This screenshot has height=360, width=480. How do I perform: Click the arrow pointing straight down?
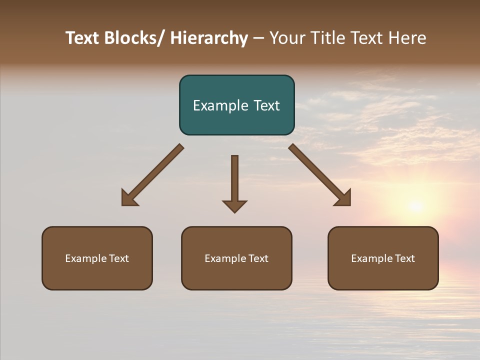coord(234,182)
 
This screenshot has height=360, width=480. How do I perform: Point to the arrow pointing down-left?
coord(152,175)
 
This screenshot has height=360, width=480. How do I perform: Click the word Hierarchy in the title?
coord(209,38)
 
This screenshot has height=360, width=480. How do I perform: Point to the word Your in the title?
coord(287,38)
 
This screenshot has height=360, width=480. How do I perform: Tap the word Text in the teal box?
coord(266,105)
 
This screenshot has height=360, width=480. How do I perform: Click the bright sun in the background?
coord(415,205)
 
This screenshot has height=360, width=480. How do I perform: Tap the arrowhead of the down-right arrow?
coord(344,199)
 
